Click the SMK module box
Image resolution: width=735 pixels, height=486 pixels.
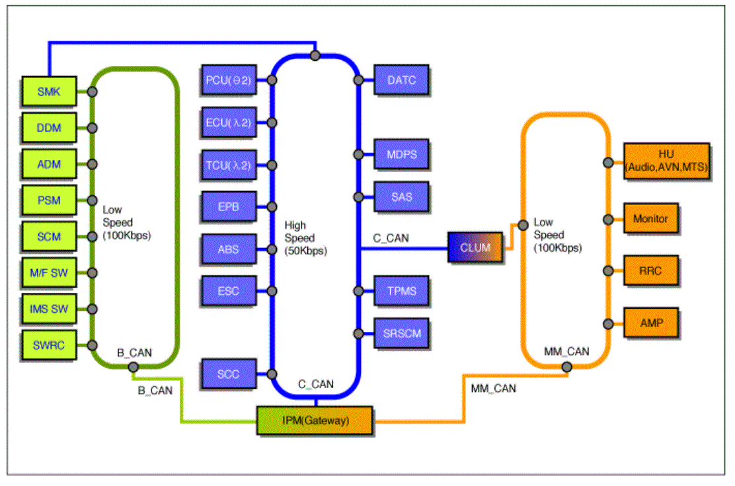click(49, 91)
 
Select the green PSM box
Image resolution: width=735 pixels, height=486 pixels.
click(49, 200)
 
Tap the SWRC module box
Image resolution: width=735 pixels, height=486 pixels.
click(49, 345)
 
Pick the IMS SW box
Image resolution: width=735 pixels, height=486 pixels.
click(49, 309)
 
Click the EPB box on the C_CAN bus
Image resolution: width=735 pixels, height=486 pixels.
click(229, 206)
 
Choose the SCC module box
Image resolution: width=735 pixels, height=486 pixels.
click(229, 374)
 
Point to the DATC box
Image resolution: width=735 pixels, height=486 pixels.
click(402, 80)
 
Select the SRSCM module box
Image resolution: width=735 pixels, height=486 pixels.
click(402, 333)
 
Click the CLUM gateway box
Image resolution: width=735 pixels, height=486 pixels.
click(475, 247)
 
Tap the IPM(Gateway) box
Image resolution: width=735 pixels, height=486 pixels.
click(315, 421)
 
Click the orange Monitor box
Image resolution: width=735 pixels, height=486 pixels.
click(650, 219)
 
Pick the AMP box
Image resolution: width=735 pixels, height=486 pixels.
click(650, 323)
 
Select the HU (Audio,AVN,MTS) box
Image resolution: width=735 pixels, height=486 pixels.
click(666, 161)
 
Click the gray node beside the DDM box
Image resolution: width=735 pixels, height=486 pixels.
click(93, 128)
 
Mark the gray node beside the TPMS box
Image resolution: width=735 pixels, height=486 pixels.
click(359, 291)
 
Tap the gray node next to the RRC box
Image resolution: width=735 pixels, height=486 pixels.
click(609, 270)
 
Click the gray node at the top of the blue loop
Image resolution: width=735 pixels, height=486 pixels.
click(315, 56)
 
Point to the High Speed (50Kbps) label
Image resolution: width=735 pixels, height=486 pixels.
click(305, 238)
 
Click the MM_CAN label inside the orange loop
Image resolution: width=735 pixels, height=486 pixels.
click(566, 351)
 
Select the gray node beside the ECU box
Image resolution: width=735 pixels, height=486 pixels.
click(272, 123)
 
